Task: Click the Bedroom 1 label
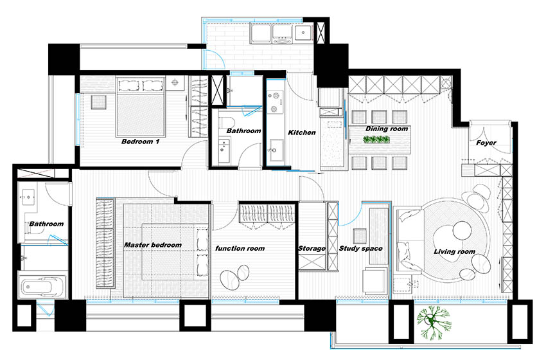140,141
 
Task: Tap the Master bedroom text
152,245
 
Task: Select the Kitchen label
301,132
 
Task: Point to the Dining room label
387,129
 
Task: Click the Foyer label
486,143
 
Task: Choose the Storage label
312,249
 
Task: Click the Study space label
360,249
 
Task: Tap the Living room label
454,251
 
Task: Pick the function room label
240,249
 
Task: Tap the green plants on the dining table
376,139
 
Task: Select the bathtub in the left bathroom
42,287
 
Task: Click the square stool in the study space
359,235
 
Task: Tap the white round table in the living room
462,230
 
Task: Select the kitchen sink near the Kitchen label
276,150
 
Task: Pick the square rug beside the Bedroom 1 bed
99,102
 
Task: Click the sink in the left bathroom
28,198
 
